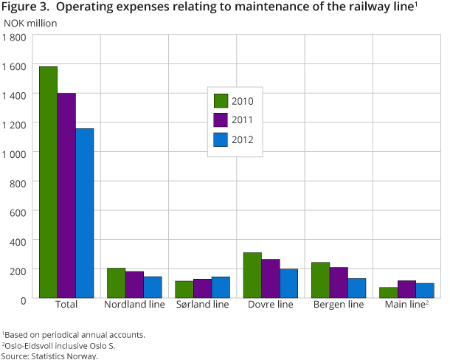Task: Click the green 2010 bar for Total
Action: (x=48, y=182)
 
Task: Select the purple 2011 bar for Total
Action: (x=66, y=195)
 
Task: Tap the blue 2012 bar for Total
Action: (x=84, y=213)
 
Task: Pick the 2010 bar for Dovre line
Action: (x=252, y=275)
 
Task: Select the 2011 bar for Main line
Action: (x=406, y=289)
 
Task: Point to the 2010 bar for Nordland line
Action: (x=116, y=283)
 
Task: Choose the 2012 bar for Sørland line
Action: (x=220, y=287)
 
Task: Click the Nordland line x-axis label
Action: (x=134, y=305)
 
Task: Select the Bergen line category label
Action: (x=339, y=305)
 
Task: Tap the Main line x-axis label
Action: (x=405, y=305)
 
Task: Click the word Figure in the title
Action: (x=18, y=8)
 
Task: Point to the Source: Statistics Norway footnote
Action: (x=49, y=356)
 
